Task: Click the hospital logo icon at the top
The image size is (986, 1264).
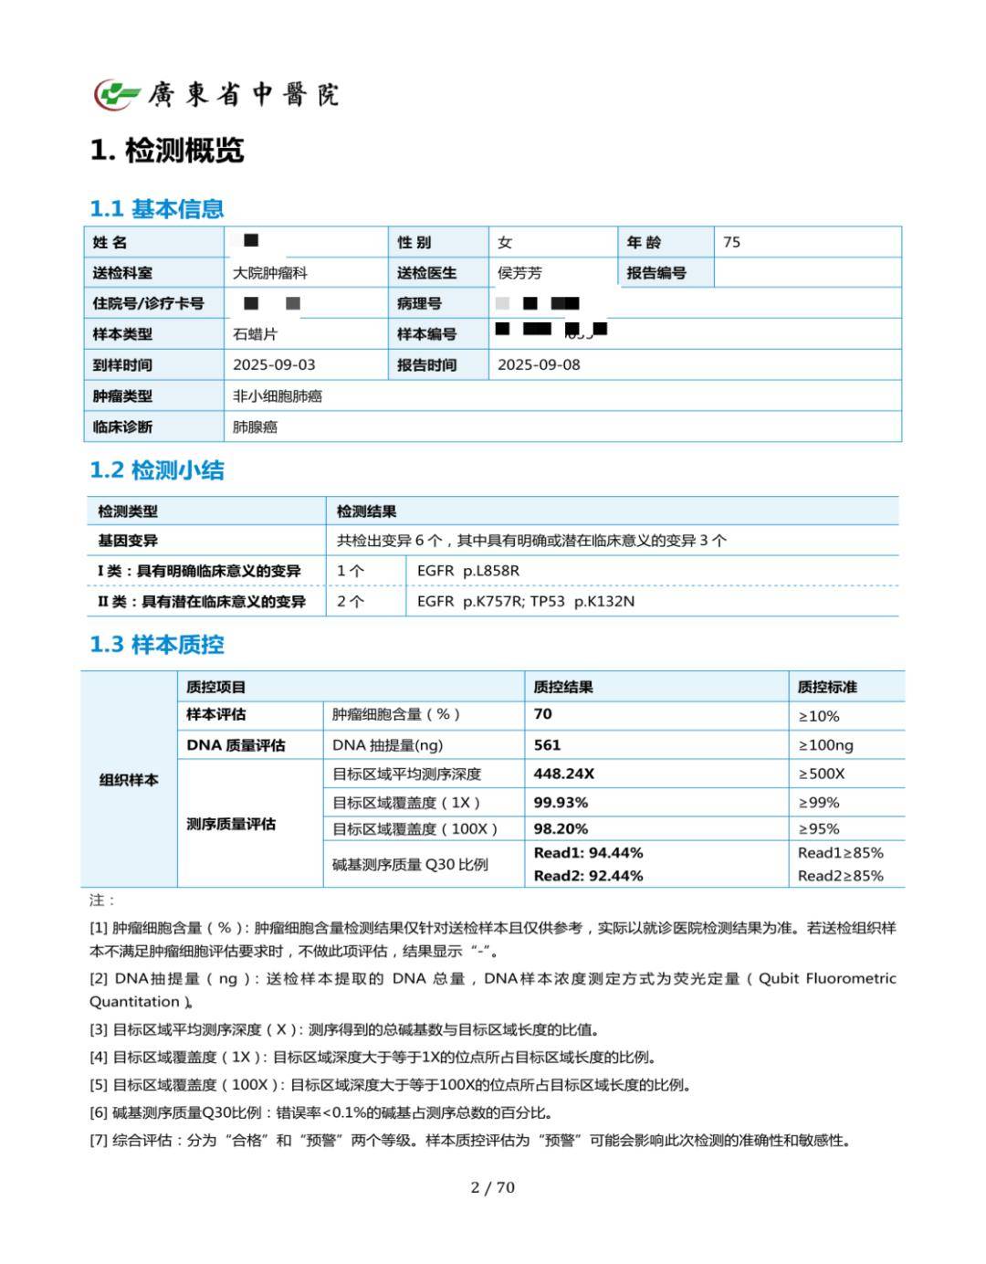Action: point(117,94)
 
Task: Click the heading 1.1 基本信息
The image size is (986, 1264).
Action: point(157,209)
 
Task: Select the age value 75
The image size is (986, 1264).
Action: point(731,242)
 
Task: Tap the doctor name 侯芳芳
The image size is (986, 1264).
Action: point(519,273)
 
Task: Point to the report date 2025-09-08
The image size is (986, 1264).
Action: point(539,364)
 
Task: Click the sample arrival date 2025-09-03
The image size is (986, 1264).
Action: point(274,364)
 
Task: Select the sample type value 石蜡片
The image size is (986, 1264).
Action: point(255,334)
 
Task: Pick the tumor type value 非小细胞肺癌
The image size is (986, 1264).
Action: point(278,396)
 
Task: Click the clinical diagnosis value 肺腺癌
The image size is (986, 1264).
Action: point(255,427)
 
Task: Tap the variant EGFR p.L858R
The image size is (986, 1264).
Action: point(467,571)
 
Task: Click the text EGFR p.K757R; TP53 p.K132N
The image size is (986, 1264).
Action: point(525,601)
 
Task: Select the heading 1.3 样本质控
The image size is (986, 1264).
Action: point(157,645)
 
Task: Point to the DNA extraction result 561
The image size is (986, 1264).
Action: point(547,745)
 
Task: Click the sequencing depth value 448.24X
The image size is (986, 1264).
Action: point(563,774)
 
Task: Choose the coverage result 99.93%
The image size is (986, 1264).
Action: point(561,802)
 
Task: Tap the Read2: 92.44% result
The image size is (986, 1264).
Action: point(588,876)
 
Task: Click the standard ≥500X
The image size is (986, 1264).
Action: point(822,774)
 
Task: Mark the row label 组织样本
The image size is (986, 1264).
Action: point(129,780)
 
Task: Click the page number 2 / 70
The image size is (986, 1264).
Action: point(493,1187)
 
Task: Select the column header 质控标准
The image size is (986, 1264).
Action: point(827,687)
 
